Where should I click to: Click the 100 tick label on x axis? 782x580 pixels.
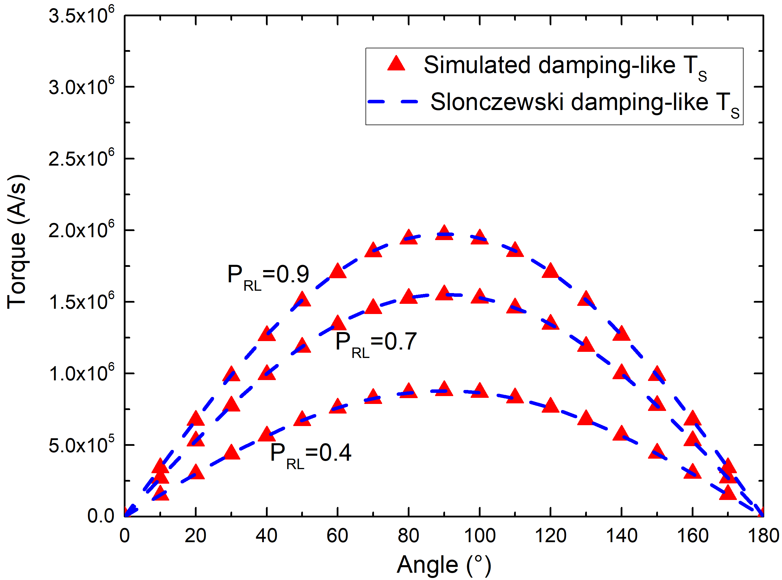tap(479, 536)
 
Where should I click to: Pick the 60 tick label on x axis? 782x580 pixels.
tap(337, 536)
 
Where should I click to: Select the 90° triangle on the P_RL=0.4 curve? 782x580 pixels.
tap(444, 389)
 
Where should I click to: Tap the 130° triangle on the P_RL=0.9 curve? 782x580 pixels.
tap(586, 299)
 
